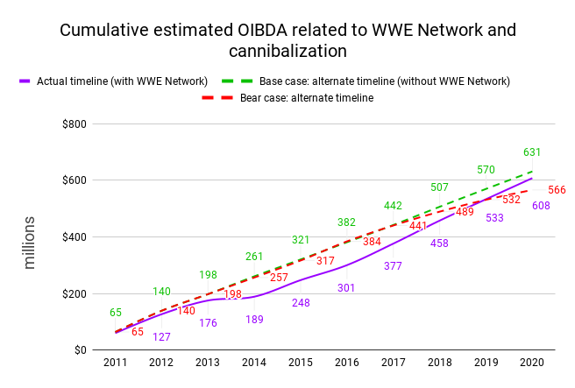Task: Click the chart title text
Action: tap(287, 40)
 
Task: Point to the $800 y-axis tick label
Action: tap(75, 123)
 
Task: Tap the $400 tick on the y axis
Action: tap(75, 237)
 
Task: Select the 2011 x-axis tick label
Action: tap(115, 363)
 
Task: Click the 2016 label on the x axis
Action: tap(346, 363)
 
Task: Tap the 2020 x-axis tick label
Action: tap(531, 363)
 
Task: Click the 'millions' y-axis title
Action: tap(30, 242)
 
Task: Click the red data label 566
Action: tap(557, 190)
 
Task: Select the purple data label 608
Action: tap(541, 206)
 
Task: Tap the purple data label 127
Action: tap(161, 337)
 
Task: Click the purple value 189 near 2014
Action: tap(253, 320)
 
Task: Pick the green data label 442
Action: tap(393, 206)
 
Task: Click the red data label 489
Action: tap(465, 212)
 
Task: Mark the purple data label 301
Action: tap(346, 287)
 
